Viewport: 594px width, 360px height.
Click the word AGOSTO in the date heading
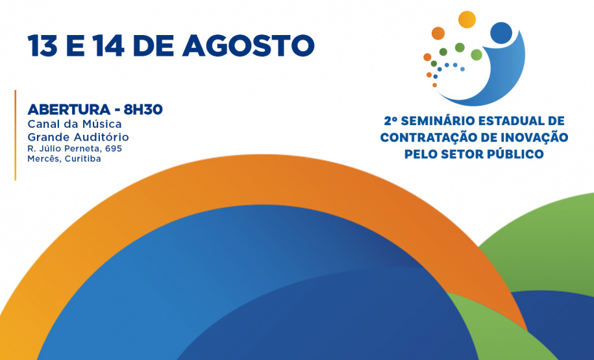click(x=249, y=46)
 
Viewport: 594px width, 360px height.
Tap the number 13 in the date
click(x=42, y=46)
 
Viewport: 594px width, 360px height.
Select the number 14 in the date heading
click(x=109, y=46)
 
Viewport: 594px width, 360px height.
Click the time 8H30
click(x=143, y=110)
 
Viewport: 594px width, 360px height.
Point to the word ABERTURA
click(x=69, y=110)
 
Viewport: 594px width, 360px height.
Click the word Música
click(x=103, y=124)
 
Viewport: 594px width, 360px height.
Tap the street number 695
click(x=114, y=149)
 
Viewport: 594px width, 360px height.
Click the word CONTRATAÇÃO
click(x=426, y=137)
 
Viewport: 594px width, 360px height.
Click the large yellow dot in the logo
click(x=467, y=19)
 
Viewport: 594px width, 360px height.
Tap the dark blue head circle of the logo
click(x=501, y=32)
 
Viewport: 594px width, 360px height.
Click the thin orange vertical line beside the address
click(x=15, y=135)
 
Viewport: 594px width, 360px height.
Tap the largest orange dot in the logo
click(x=438, y=33)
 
